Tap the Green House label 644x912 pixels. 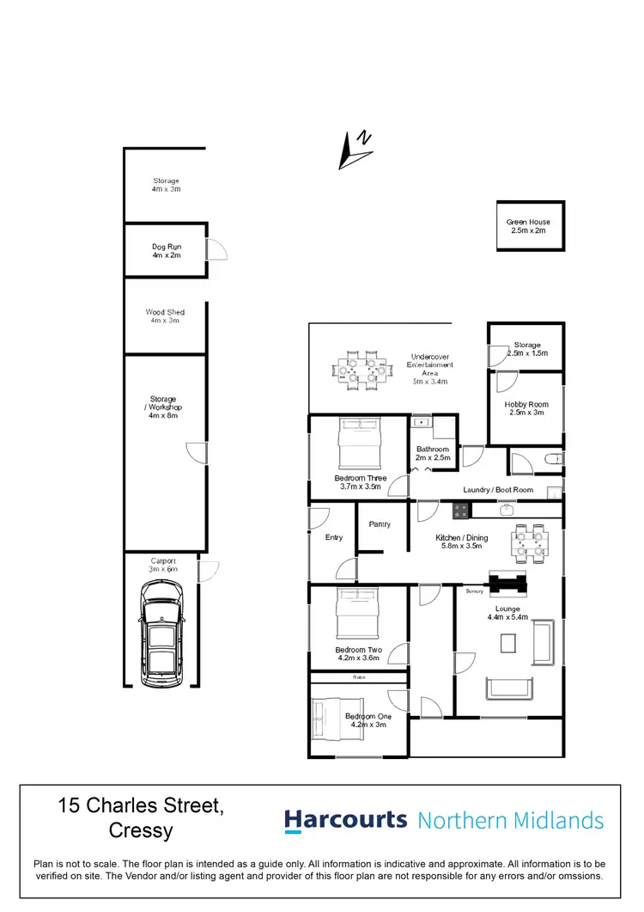pyautogui.click(x=528, y=226)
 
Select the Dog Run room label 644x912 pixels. pyautogui.click(x=166, y=250)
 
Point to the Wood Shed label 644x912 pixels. pyautogui.click(x=165, y=315)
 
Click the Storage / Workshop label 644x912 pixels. pyautogui.click(x=165, y=407)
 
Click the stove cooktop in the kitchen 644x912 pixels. pyautogui.click(x=462, y=510)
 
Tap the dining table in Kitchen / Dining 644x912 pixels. pyautogui.click(x=527, y=542)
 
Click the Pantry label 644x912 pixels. pyautogui.click(x=380, y=523)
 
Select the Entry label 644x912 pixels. pyautogui.click(x=334, y=537)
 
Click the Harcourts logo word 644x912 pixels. pyautogui.click(x=345, y=819)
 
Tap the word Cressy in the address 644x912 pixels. pyautogui.click(x=141, y=830)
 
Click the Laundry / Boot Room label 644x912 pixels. pyautogui.click(x=498, y=490)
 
